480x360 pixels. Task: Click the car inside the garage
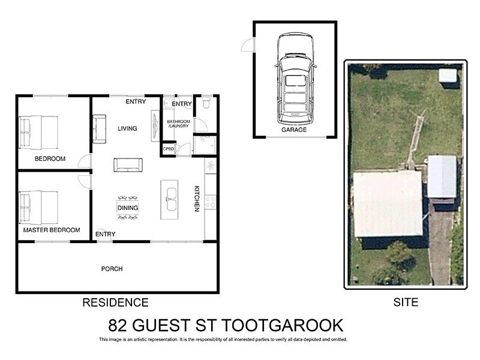(x=295, y=76)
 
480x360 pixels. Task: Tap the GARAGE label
(x=294, y=130)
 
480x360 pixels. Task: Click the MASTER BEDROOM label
(x=52, y=230)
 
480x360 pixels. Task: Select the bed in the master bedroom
(x=39, y=207)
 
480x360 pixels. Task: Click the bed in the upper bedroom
(x=39, y=132)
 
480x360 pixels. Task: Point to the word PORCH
(x=112, y=269)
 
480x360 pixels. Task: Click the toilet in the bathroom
(x=205, y=103)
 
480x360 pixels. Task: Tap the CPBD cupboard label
(x=168, y=149)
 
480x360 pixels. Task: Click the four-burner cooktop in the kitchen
(x=210, y=202)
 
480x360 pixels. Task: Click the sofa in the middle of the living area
(x=127, y=164)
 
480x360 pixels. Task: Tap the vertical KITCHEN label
(x=196, y=198)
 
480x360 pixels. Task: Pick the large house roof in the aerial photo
(x=388, y=203)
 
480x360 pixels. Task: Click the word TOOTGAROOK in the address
(x=283, y=325)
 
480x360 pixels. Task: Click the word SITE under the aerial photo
(x=406, y=302)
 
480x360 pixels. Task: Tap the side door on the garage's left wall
(x=247, y=44)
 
